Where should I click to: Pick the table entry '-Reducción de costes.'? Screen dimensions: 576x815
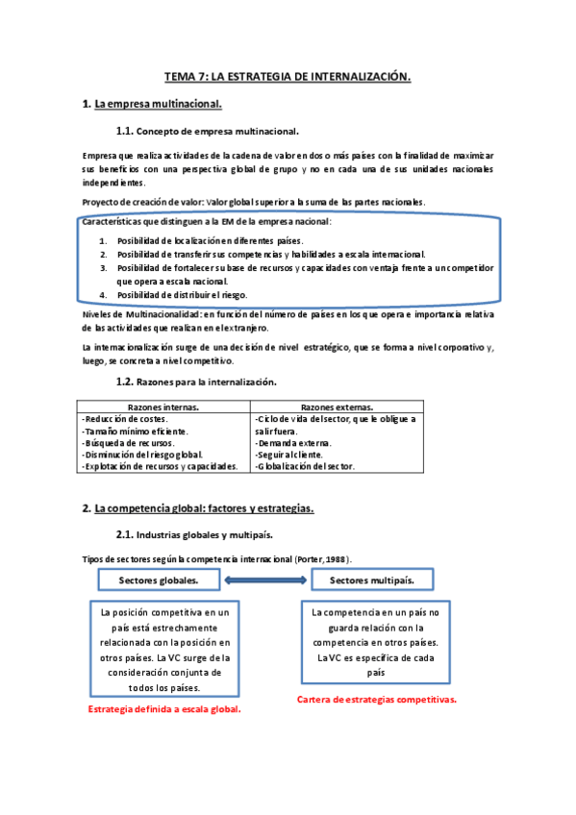(x=125, y=419)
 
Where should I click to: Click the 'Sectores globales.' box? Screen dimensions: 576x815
(x=160, y=580)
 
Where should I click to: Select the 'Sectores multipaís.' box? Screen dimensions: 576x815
(x=372, y=580)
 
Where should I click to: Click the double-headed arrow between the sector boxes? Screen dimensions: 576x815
(x=266, y=580)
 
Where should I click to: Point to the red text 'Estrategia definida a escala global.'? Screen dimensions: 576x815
(x=163, y=709)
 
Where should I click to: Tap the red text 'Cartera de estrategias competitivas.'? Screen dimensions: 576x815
(x=377, y=700)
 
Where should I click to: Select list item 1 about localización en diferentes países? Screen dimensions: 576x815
(x=210, y=240)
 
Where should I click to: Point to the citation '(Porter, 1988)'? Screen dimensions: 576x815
(x=322, y=558)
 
